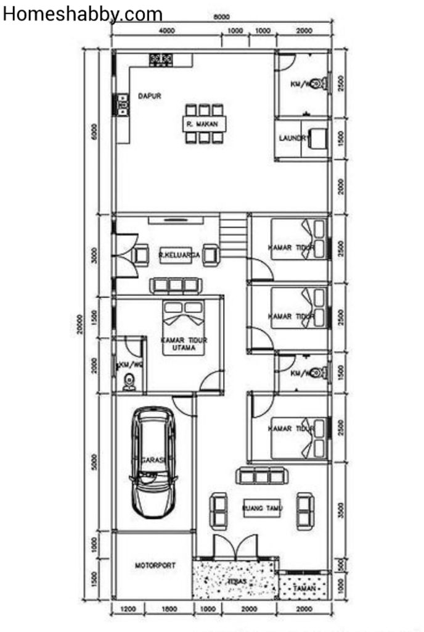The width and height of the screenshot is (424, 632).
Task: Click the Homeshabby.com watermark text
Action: click(83, 14)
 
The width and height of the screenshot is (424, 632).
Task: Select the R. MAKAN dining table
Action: click(203, 124)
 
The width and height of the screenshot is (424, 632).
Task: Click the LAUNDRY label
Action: click(292, 138)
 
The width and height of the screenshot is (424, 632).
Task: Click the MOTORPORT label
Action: click(155, 565)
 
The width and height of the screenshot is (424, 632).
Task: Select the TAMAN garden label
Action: click(304, 588)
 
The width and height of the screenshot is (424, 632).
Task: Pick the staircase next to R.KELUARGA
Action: click(233, 235)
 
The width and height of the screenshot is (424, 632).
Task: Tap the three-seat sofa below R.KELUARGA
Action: click(176, 285)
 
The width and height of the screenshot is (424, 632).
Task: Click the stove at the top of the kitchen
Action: click(160, 59)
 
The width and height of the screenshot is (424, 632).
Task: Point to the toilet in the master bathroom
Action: click(129, 382)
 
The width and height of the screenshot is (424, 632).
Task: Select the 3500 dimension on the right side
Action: click(342, 510)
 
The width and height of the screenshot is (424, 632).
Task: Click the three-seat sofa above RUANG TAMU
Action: click(263, 476)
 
